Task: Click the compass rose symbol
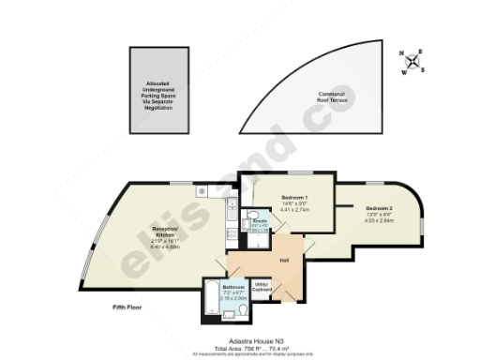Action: point(415,60)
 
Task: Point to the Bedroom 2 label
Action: point(379,207)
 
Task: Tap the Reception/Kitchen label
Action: point(165,229)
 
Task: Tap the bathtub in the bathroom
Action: point(212,299)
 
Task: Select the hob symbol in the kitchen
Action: point(201,190)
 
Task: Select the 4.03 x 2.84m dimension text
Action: point(379,220)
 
